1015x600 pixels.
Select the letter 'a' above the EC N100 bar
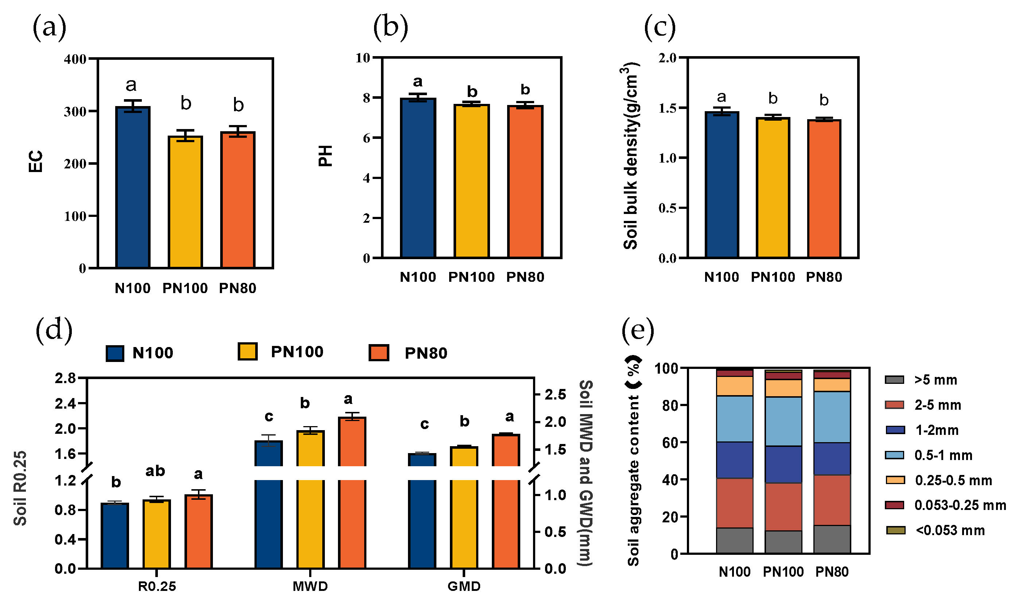131,85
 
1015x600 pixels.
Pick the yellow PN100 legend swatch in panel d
248,351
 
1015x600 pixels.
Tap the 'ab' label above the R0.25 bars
155,471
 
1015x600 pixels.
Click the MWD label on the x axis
310,586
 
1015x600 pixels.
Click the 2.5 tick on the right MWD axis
555,395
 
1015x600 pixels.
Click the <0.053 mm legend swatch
895,530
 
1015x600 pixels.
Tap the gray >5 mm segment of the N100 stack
734,541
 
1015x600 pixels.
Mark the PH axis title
325,156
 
